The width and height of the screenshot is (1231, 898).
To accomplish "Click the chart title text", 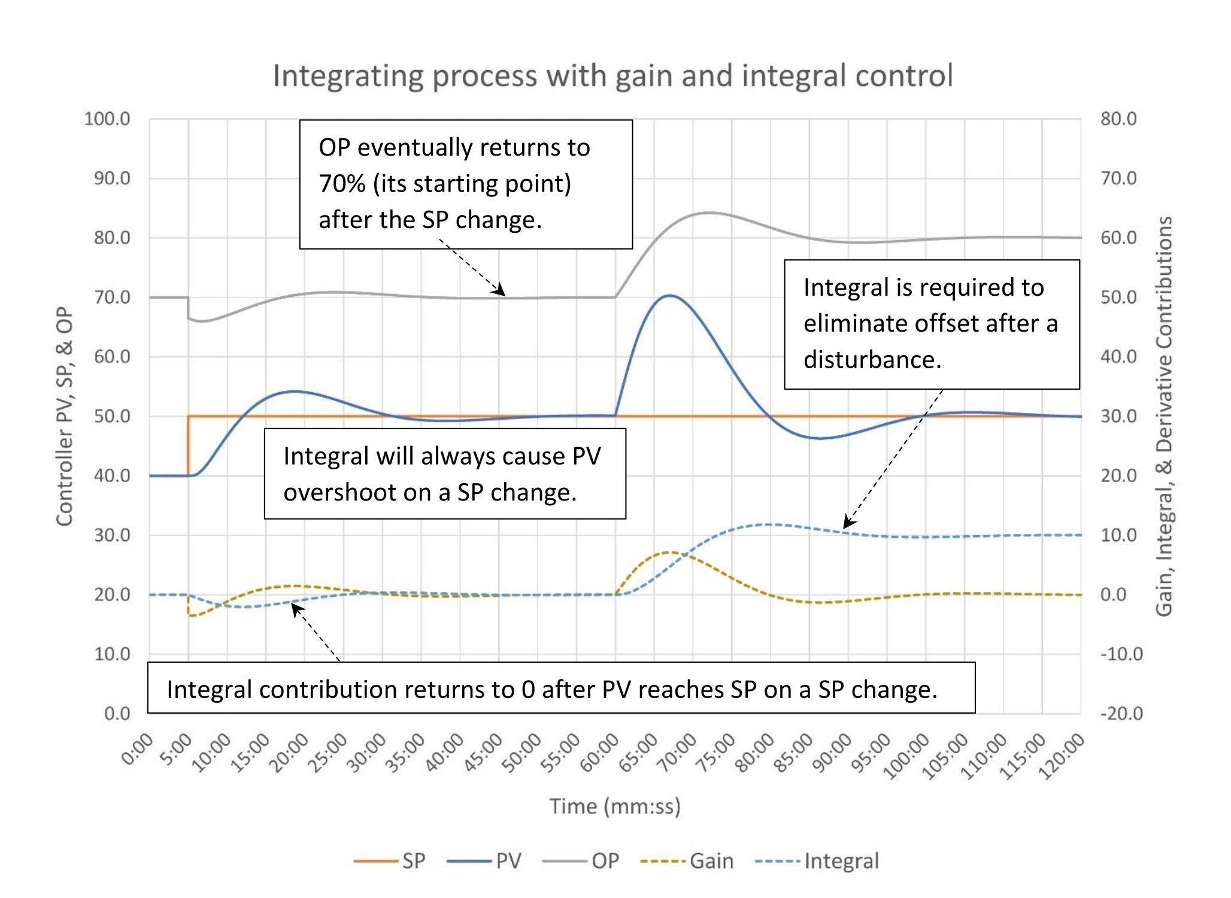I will click(x=613, y=76).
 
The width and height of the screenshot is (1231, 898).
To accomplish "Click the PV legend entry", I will click(x=484, y=861).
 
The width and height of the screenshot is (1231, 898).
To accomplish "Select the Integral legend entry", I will click(x=817, y=861).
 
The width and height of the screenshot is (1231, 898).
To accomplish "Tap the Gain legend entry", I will click(x=687, y=861).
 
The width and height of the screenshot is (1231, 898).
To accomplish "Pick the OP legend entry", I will click(x=580, y=861).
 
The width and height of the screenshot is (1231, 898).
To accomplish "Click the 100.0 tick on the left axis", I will click(x=107, y=119).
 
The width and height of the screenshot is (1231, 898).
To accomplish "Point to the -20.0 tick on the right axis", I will click(x=1121, y=713).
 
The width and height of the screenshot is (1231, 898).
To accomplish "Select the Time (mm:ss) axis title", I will click(x=615, y=806).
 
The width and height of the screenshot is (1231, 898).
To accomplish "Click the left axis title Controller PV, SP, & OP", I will click(x=64, y=416).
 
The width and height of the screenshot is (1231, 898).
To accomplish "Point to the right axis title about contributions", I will click(x=1163, y=416).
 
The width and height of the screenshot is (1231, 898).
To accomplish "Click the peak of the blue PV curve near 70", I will click(x=670, y=295).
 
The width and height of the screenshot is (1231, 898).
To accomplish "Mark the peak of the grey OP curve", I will click(x=708, y=213).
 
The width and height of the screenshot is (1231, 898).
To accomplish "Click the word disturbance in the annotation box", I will click(x=872, y=360).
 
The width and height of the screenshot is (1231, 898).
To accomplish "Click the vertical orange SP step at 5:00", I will click(x=188, y=446).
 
